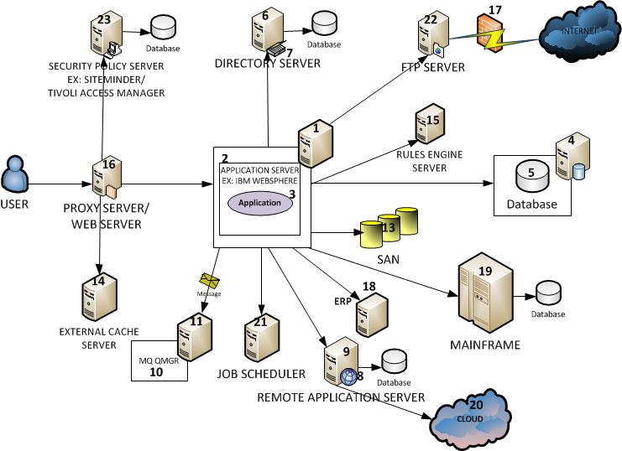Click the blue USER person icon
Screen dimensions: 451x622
(16, 174)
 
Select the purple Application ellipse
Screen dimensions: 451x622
(259, 203)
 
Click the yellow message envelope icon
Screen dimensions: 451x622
(210, 281)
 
